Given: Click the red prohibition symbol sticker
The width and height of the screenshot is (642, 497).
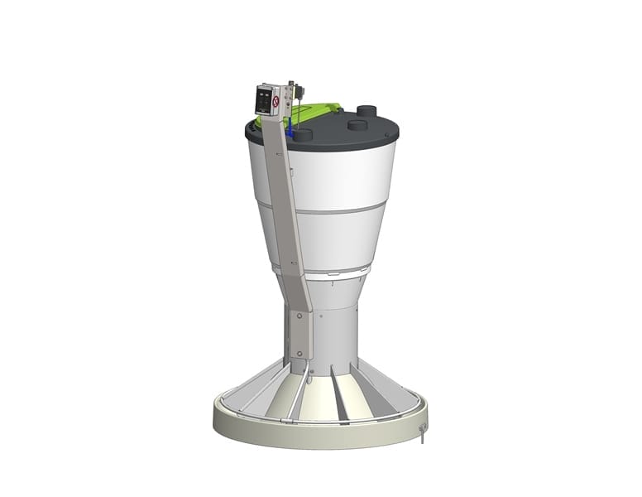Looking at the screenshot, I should click(x=275, y=101).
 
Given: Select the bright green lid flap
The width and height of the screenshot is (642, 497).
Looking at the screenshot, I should click(x=319, y=113).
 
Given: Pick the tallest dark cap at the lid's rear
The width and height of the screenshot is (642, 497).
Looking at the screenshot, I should click(x=367, y=111).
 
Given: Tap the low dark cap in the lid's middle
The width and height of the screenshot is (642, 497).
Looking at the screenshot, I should click(x=357, y=125).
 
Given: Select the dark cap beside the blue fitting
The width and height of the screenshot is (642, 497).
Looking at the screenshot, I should click(x=304, y=134).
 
